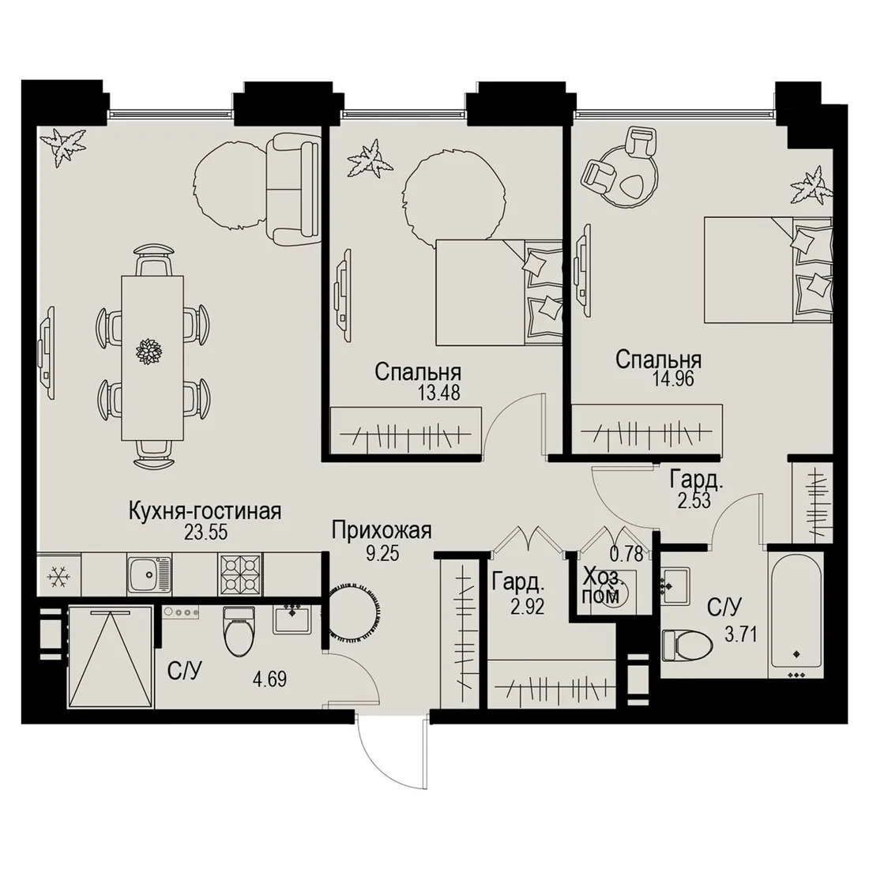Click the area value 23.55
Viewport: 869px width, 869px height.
pos(205,532)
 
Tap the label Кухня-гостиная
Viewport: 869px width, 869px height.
pos(205,511)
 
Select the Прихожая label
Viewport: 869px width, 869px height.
pos(382,531)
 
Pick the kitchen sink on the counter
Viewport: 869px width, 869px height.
pos(149,574)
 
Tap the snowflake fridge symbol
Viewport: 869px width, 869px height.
pos(58,577)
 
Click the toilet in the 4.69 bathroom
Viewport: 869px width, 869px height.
pos(239,634)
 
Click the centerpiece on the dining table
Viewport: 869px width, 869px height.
pos(149,351)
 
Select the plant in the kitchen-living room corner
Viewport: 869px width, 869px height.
pos(66,146)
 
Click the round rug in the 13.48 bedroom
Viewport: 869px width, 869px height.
pos(453,201)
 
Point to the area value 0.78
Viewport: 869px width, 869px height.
pos(626,554)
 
